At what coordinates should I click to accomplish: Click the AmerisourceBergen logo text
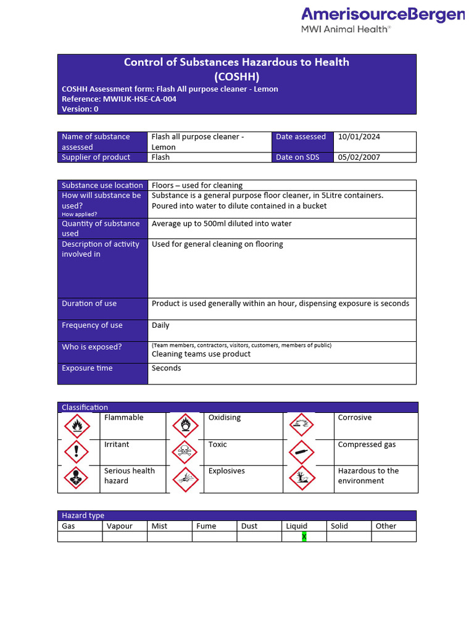pos(382,15)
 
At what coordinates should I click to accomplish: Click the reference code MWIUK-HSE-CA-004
pos(139,99)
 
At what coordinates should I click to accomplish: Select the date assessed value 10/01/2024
pos(359,137)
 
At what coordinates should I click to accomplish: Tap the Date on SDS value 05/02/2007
pos(359,157)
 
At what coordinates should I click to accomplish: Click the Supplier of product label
pos(96,157)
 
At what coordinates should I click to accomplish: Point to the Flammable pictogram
pos(77,425)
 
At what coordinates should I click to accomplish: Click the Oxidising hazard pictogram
pos(185,425)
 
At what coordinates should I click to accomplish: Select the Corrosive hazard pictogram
pos(302,425)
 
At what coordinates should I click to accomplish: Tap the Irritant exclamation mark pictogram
pos(77,452)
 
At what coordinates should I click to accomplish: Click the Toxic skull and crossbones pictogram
pos(185,452)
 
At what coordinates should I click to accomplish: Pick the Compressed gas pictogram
pos(302,452)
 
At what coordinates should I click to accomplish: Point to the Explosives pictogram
pos(185,478)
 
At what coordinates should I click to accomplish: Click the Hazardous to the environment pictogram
pos(302,478)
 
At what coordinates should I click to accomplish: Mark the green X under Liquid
pos(304,536)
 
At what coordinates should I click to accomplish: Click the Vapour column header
pos(120,526)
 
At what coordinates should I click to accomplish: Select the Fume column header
pos(206,526)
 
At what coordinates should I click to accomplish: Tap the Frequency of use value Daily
pos(160,325)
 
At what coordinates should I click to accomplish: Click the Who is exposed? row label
pos(92,347)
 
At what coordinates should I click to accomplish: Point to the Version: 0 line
pos(80,109)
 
